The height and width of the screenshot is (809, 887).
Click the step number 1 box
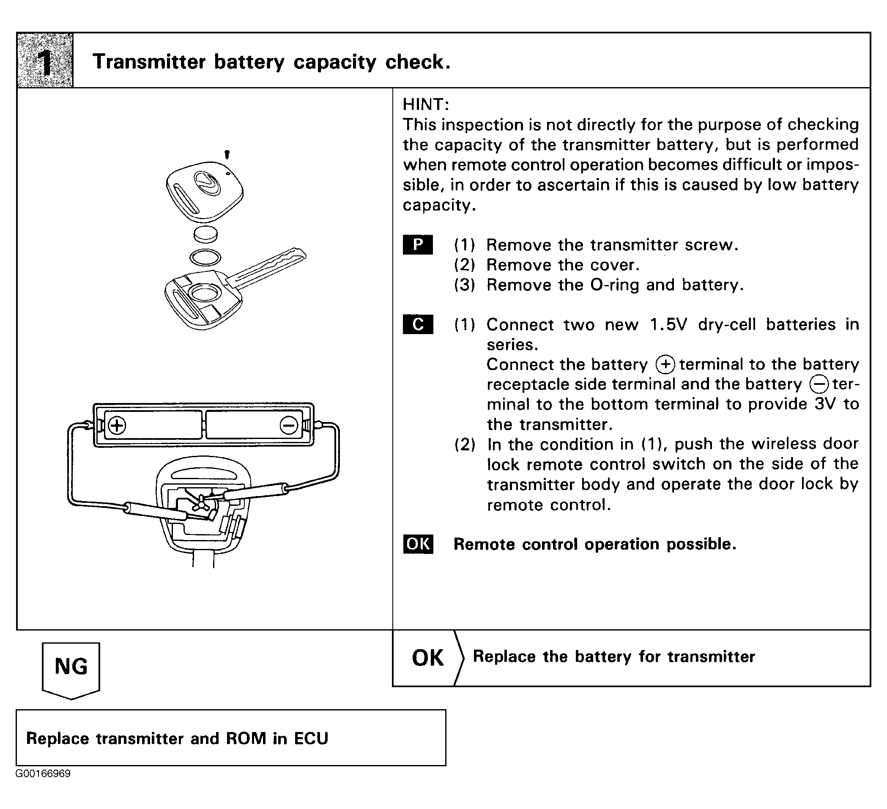point(45,60)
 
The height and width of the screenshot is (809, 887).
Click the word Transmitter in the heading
point(149,62)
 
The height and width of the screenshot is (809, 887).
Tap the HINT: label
point(425,105)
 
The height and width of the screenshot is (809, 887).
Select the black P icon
point(418,245)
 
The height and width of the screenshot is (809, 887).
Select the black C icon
point(418,324)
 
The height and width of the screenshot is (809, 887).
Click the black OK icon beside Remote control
point(418,544)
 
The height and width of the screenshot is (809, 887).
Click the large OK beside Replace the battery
point(427,658)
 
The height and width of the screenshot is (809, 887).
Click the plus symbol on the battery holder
point(117,425)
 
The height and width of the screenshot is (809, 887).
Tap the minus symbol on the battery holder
point(289,425)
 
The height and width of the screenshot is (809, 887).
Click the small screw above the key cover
point(227,154)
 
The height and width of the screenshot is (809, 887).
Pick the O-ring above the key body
point(205,257)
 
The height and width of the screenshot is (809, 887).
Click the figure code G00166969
point(43,774)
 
